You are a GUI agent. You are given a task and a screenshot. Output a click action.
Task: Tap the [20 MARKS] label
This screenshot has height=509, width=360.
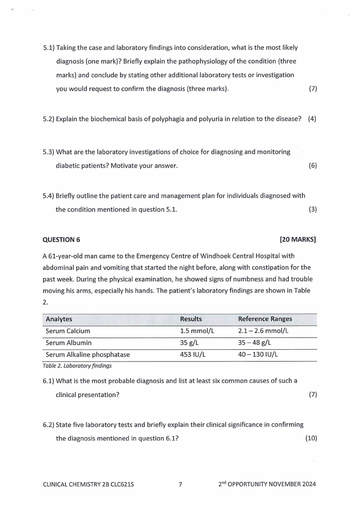(298, 240)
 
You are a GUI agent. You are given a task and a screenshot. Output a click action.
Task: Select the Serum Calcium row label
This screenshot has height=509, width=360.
(68, 331)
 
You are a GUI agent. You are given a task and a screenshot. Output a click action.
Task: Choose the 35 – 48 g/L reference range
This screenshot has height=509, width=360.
(254, 343)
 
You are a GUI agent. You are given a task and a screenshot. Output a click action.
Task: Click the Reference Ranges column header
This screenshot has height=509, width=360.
(265, 319)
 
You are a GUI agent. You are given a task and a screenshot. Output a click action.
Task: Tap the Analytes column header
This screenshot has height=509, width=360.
(59, 319)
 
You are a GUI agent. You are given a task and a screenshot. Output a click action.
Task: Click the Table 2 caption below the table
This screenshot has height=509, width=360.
(77, 365)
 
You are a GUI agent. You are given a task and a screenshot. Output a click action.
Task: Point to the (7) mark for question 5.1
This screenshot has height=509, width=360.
(312, 89)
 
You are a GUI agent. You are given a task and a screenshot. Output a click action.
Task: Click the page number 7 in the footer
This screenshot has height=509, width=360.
(180, 484)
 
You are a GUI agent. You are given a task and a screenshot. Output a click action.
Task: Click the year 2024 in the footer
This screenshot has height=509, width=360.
(308, 484)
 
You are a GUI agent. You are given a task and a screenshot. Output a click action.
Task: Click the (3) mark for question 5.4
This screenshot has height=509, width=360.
(312, 210)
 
